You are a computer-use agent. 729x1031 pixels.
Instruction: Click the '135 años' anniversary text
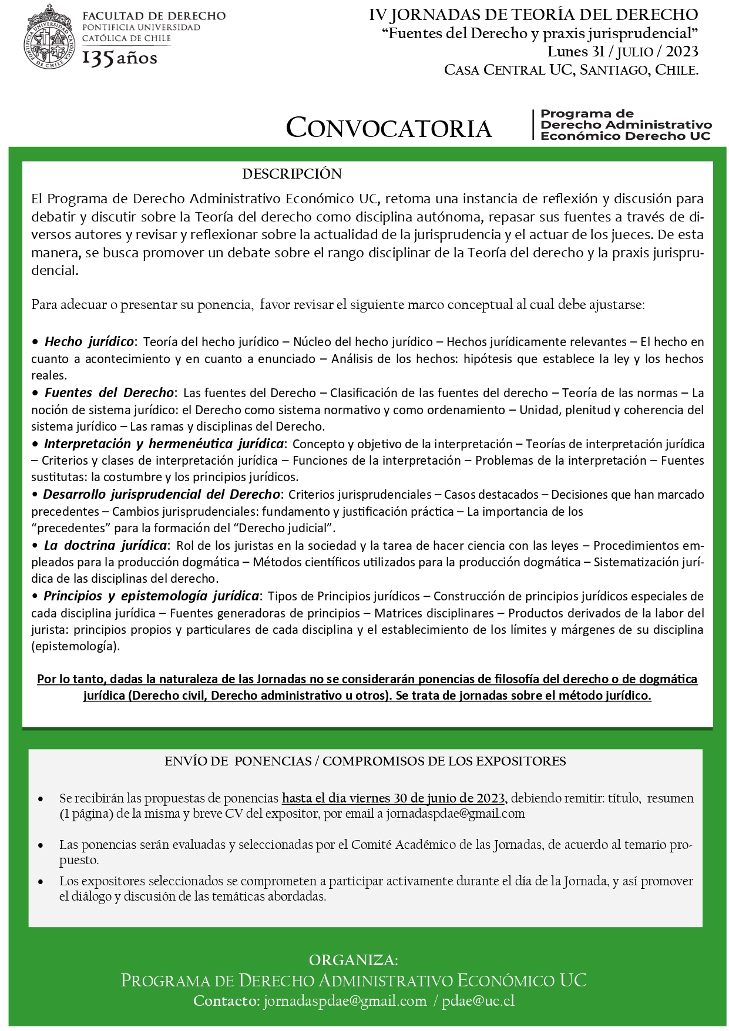point(119,58)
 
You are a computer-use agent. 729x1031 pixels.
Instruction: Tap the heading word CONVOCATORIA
point(388,127)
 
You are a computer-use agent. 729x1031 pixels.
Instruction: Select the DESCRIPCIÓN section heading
point(291,174)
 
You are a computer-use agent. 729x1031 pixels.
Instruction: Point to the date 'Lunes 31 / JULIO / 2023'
point(623,52)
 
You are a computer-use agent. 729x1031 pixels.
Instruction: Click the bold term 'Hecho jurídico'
point(89,341)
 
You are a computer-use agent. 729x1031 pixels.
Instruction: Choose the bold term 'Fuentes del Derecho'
point(109,392)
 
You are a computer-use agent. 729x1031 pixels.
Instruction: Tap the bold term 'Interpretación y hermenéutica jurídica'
point(164,444)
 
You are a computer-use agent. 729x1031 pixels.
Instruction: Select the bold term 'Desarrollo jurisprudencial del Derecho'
point(162,494)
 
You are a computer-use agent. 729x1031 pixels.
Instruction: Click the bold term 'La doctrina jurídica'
point(106,545)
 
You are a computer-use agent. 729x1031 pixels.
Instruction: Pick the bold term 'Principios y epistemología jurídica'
point(151,596)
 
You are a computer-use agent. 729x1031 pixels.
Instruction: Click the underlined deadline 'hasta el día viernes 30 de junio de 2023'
point(393,798)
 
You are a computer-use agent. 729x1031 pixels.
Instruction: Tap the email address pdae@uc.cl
point(479,1001)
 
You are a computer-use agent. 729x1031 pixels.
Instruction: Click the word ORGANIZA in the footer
point(354,961)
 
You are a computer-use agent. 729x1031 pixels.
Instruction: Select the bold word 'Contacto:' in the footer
point(226,1001)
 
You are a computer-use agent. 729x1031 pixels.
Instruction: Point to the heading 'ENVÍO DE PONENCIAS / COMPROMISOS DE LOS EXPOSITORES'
point(365,761)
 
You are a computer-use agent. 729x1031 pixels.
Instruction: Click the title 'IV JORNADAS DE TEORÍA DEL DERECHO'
point(533,15)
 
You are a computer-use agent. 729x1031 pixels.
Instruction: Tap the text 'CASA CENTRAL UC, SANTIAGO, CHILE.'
point(571,70)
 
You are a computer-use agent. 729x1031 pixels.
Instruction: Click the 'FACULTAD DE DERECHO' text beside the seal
point(154,16)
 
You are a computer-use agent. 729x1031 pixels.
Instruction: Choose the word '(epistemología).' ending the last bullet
point(76,646)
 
